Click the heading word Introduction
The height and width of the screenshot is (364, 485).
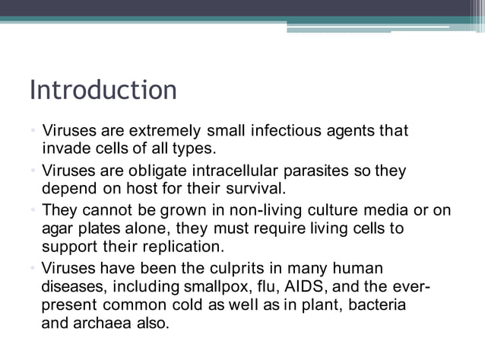pyautogui.click(x=103, y=90)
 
